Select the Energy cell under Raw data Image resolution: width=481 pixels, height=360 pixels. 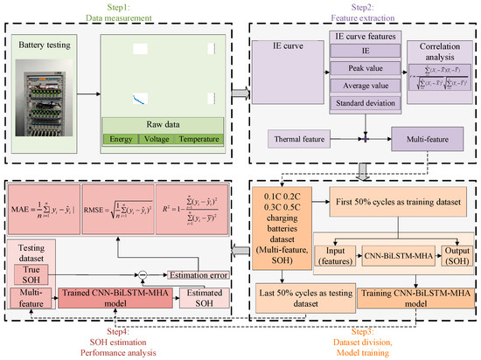click(120, 139)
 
